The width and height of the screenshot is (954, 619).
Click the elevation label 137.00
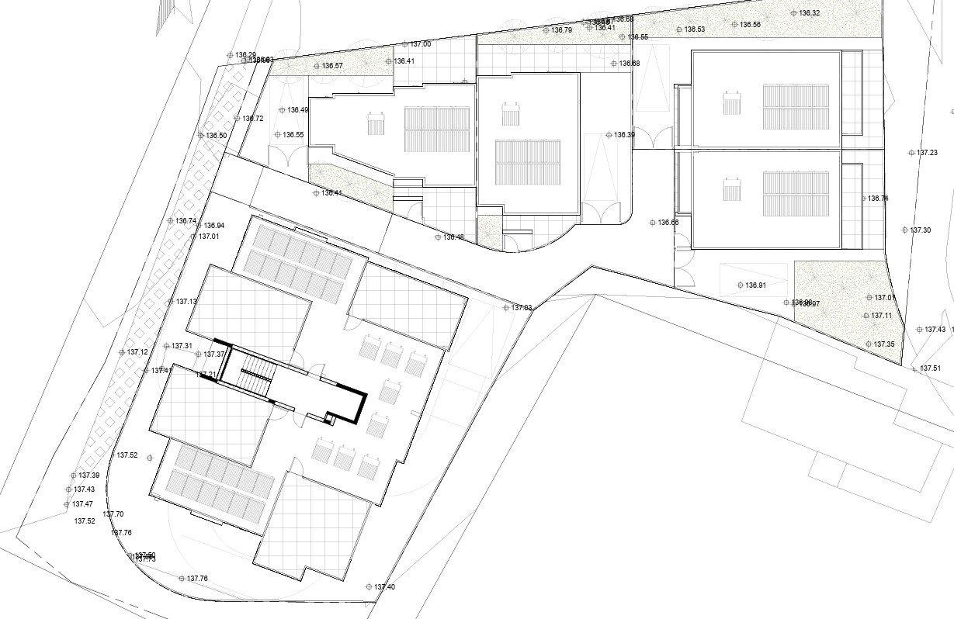pos(421,44)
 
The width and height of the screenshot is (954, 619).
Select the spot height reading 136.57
pos(332,66)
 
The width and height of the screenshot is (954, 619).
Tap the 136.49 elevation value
pos(297,110)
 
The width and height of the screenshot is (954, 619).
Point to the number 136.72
pos(253,119)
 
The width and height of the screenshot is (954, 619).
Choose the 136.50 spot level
pos(217,136)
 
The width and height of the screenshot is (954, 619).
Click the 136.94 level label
pos(213,226)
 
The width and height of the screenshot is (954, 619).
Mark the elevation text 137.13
pos(186,302)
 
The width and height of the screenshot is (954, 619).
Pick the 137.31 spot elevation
pos(182,346)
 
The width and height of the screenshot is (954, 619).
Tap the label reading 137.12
pos(137,352)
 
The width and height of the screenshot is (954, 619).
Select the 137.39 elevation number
pos(89,475)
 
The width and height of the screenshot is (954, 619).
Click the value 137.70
pos(113,514)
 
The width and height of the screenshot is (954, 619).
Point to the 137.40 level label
pos(384,587)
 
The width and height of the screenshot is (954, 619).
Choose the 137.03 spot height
pos(522,308)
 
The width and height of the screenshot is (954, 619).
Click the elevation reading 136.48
pos(453,237)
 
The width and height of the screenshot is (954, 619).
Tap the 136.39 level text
pos(624,135)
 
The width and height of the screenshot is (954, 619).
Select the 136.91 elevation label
pos(756,285)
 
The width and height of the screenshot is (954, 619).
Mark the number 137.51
pos(930,368)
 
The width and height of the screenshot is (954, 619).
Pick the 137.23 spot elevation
pos(927,153)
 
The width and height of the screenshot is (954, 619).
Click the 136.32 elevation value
pos(810,13)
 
